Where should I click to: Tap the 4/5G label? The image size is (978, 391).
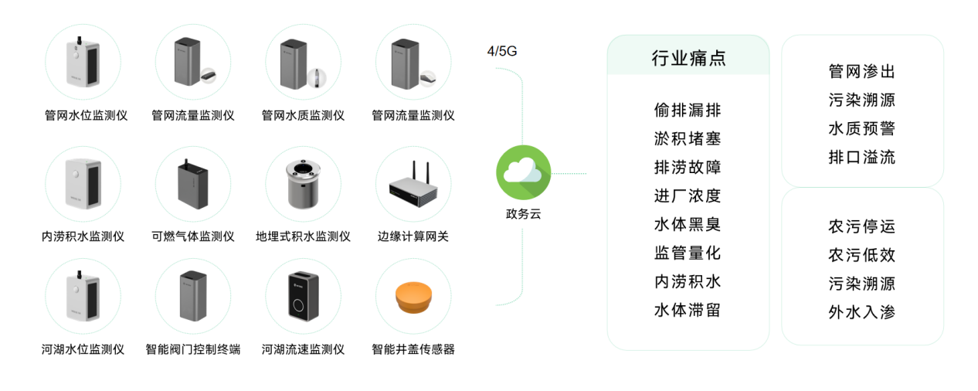pyautogui.click(x=501, y=53)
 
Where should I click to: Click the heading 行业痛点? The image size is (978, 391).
pyautogui.click(x=688, y=59)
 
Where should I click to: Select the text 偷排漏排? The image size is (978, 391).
pyautogui.click(x=688, y=110)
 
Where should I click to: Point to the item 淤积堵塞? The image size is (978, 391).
pyautogui.click(x=688, y=139)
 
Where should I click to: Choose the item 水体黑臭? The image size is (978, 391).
pyautogui.click(x=688, y=225)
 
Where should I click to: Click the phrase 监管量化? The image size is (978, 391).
pyautogui.click(x=688, y=253)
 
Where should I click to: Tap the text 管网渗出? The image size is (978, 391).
pyautogui.click(x=861, y=72)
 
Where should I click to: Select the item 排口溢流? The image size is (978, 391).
pyautogui.click(x=861, y=158)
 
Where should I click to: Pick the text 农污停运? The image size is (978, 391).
pyautogui.click(x=861, y=227)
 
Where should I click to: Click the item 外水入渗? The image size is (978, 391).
pyautogui.click(x=861, y=313)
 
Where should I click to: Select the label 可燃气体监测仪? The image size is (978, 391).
pyautogui.click(x=193, y=236)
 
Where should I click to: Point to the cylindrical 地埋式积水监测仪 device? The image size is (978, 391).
pyautogui.click(x=303, y=185)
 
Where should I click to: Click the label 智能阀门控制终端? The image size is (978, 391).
pyautogui.click(x=193, y=349)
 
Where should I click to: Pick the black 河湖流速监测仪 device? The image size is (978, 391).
pyautogui.click(x=303, y=296)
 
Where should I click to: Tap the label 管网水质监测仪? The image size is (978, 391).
pyautogui.click(x=303, y=116)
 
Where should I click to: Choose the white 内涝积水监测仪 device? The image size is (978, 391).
pyautogui.click(x=83, y=185)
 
